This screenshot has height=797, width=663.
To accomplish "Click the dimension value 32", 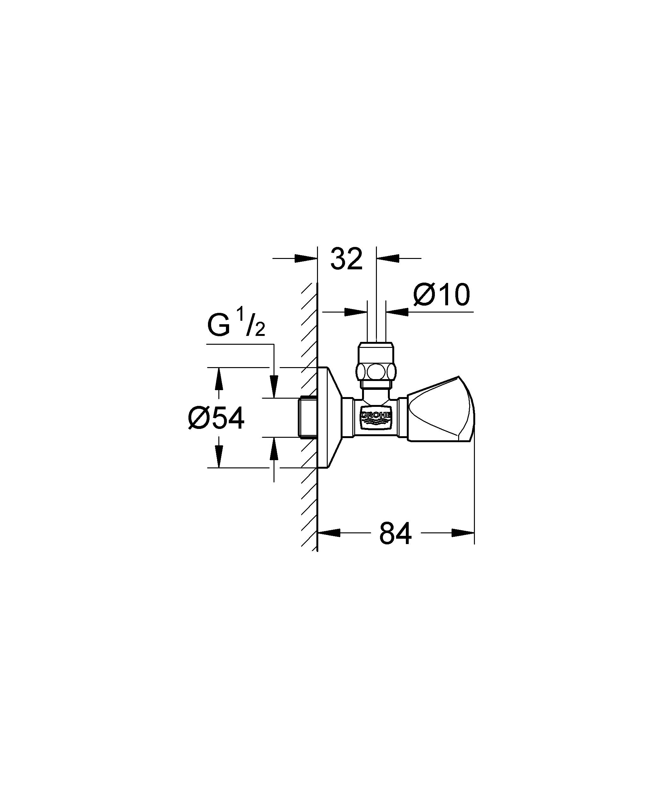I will (x=346, y=259).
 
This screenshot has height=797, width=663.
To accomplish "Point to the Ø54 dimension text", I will (x=216, y=418).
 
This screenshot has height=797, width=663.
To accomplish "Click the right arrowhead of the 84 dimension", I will (x=463, y=532).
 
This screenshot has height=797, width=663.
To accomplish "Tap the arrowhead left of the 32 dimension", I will (x=306, y=258).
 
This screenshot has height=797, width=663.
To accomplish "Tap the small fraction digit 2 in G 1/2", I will (x=260, y=331).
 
